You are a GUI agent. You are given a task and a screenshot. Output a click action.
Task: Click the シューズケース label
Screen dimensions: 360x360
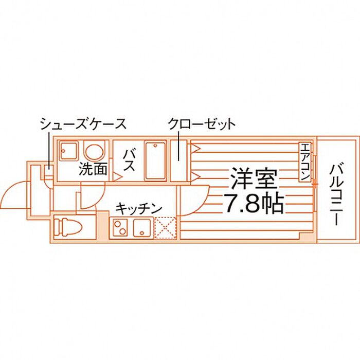tap(83, 124)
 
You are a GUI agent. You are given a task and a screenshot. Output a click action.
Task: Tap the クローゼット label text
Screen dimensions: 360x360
tap(201, 124)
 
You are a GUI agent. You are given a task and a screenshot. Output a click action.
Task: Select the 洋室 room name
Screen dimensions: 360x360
tap(254, 179)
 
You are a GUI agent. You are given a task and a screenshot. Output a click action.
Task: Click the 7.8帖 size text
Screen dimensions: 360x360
tap(253, 204)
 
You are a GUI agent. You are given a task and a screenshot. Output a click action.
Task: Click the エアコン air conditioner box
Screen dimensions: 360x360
tap(304, 161)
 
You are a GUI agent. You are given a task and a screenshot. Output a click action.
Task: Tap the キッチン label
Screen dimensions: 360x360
tap(138, 208)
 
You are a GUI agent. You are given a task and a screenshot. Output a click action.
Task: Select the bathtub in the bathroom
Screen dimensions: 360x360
tap(155, 160)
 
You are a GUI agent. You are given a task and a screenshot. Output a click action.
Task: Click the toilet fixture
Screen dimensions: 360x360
tap(65, 226)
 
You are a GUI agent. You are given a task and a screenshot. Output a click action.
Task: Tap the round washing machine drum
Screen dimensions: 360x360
tap(94, 152)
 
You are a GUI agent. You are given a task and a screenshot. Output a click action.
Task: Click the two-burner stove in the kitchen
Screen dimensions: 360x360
tap(121, 227)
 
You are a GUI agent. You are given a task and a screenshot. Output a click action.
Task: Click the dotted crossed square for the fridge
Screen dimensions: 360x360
tap(166, 227)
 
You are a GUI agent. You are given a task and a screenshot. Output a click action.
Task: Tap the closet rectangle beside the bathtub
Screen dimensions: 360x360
tap(178, 159)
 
